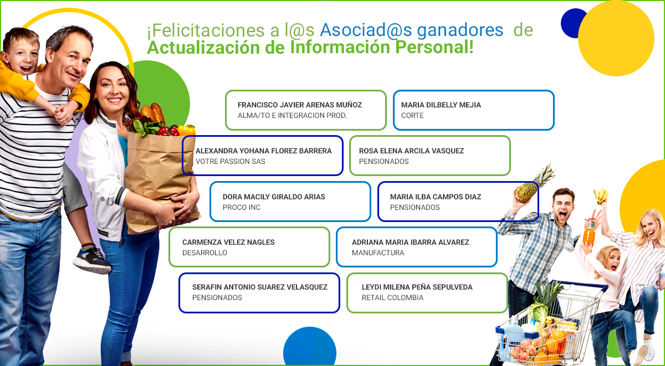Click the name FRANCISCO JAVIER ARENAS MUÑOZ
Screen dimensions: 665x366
(x=300, y=105)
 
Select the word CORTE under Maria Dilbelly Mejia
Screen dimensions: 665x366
(x=412, y=115)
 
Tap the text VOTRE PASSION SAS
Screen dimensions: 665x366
(x=231, y=161)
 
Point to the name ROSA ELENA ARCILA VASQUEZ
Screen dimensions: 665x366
(x=411, y=151)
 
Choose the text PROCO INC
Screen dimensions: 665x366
(x=242, y=207)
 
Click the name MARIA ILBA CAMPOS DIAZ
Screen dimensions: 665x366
(x=436, y=197)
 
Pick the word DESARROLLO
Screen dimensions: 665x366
(x=204, y=252)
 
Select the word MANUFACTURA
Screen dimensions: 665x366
(x=378, y=252)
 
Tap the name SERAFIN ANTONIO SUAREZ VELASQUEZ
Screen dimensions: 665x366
(x=260, y=287)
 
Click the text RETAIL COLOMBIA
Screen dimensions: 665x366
(x=392, y=297)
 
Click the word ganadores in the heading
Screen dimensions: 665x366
(x=460, y=30)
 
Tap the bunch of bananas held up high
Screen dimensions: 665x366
(x=601, y=195)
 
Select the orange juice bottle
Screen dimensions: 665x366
(x=589, y=233)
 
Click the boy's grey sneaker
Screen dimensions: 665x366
(x=91, y=260)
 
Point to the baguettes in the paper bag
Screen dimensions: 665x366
(x=153, y=113)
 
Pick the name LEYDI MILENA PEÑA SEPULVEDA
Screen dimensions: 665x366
(x=417, y=287)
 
